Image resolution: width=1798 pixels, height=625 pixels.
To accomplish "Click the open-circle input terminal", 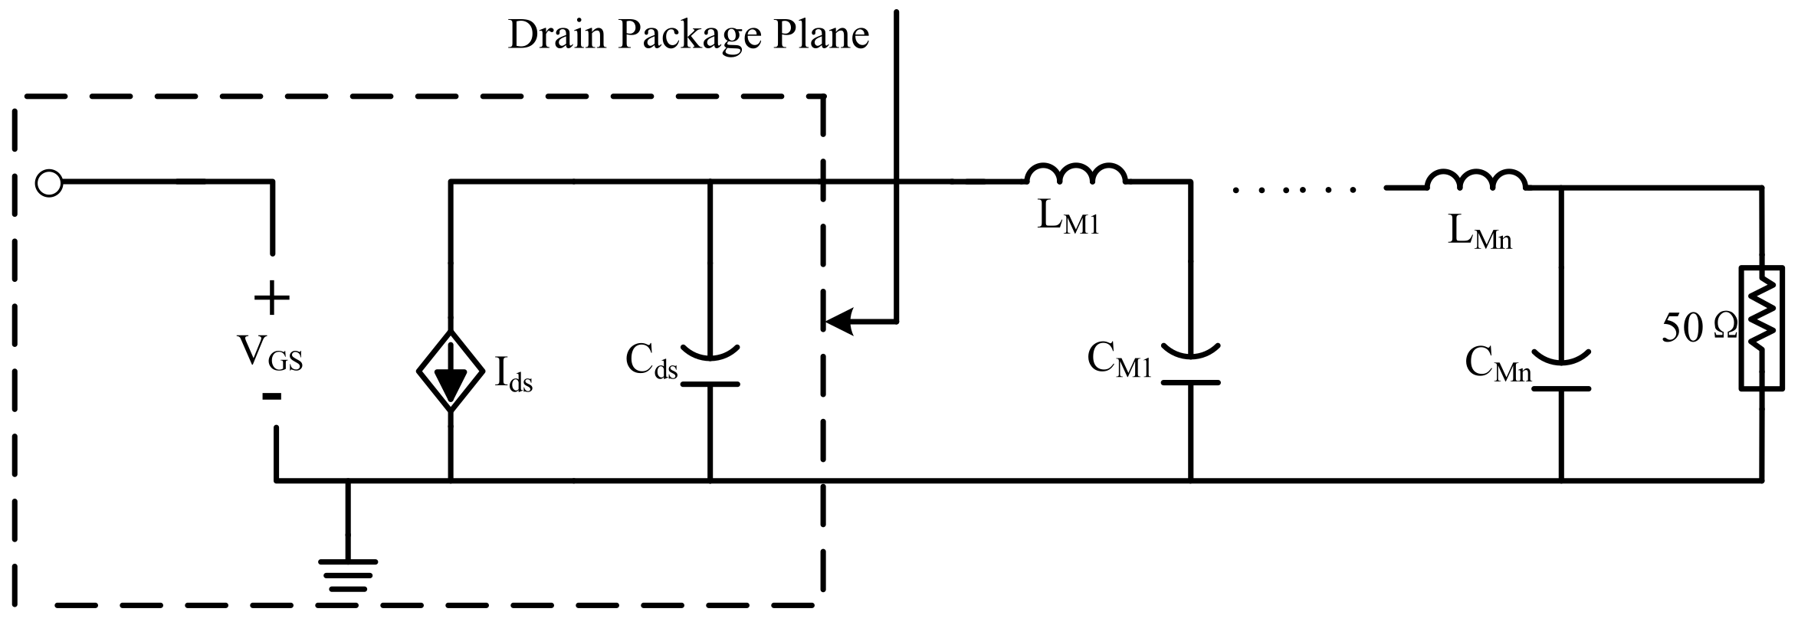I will pos(49,184).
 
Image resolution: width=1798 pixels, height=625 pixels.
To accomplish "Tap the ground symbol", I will pos(348,575).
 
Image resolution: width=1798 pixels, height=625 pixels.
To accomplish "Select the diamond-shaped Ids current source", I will pos(451,371).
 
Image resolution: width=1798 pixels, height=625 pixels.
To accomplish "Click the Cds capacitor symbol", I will pos(710,367).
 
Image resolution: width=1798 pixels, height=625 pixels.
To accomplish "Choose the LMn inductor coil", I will pos(1476,180).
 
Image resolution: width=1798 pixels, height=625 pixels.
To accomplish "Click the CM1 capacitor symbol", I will pos(1190,365).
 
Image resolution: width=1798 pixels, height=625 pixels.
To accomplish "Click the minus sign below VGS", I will pos(271,396).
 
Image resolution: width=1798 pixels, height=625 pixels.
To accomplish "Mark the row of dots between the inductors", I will pos(1295,188).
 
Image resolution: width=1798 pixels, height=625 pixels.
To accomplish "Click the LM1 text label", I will pos(1068,218).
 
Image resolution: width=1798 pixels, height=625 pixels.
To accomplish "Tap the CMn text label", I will pos(1498,363).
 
